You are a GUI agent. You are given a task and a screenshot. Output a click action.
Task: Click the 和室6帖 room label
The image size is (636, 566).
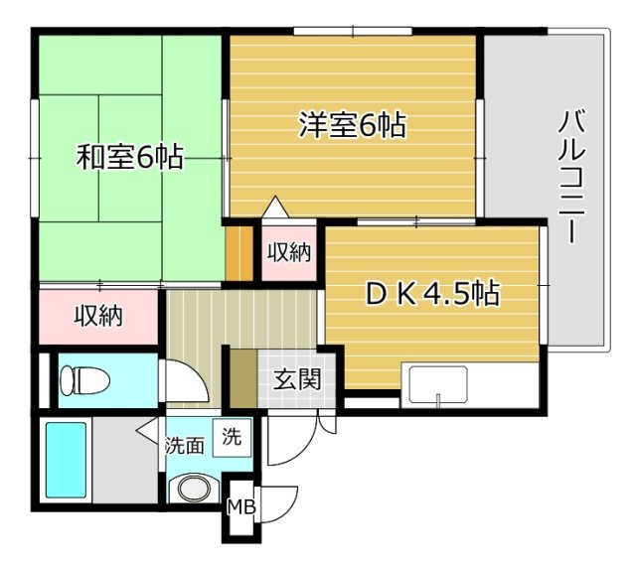(x=130, y=157)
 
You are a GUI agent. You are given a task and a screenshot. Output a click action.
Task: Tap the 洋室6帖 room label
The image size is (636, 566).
(x=353, y=125)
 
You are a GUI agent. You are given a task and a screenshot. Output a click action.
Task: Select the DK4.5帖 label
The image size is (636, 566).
(x=433, y=294)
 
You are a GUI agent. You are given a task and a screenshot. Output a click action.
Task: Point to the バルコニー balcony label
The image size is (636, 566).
(x=572, y=178)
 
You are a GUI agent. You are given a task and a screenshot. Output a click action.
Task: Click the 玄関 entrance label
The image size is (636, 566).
(x=297, y=379)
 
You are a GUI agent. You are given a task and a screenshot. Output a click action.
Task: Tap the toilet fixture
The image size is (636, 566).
(x=84, y=380)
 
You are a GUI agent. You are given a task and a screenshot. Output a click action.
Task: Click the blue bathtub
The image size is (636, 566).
(x=66, y=460)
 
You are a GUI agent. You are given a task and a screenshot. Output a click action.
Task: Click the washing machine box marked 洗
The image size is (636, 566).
(x=232, y=438)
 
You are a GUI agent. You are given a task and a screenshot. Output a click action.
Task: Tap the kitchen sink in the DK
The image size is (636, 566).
(x=439, y=383)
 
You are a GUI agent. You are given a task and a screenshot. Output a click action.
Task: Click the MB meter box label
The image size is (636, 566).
(x=240, y=506)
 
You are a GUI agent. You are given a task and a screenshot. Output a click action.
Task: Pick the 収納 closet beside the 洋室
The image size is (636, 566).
(x=289, y=252)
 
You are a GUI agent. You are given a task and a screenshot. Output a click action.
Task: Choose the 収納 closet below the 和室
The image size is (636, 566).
(x=98, y=316)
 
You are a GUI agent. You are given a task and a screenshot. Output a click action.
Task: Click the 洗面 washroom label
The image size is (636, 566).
(x=185, y=446)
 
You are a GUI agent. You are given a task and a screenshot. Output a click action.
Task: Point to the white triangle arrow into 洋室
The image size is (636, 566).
(x=275, y=207)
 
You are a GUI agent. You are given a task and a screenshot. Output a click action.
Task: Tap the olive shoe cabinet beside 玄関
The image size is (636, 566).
(x=243, y=378)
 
